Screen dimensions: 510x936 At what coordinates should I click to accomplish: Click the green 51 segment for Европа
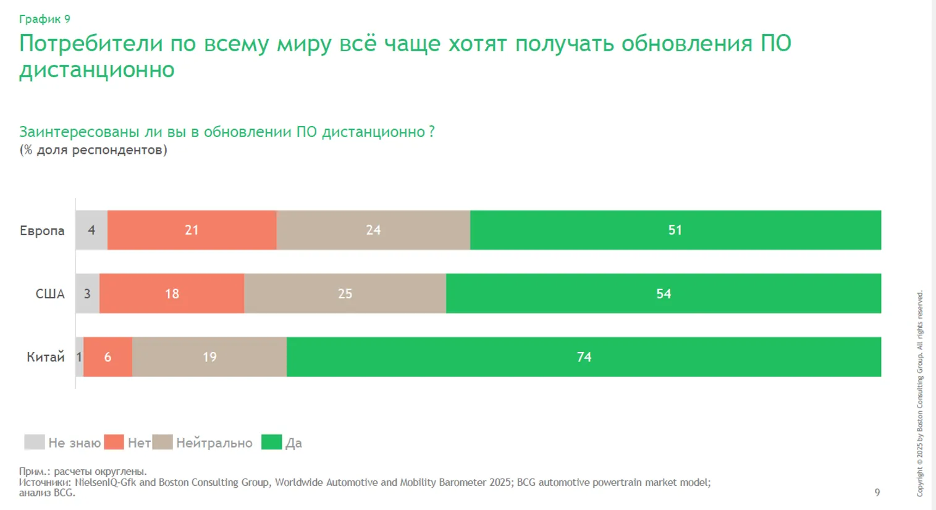click(x=675, y=230)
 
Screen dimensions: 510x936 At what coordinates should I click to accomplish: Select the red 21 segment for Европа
click(x=192, y=230)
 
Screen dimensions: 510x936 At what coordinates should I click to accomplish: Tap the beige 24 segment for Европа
click(x=373, y=230)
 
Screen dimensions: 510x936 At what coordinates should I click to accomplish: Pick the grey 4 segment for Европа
click(x=91, y=230)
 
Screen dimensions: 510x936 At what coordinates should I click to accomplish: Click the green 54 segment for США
click(x=664, y=294)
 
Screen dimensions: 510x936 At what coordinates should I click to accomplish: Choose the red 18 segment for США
click(x=172, y=294)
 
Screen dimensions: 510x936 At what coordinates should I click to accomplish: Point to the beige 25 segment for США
click(x=345, y=294)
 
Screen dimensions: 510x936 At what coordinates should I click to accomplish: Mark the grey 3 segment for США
click(x=88, y=294)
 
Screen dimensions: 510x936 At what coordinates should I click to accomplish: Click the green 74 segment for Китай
click(x=584, y=357)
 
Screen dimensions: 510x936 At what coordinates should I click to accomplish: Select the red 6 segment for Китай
click(x=108, y=357)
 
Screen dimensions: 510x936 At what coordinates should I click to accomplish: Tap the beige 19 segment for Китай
click(x=209, y=357)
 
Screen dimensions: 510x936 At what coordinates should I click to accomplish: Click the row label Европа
click(x=42, y=231)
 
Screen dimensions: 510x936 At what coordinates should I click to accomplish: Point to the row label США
click(x=50, y=294)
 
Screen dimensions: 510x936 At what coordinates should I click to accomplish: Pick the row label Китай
click(x=45, y=357)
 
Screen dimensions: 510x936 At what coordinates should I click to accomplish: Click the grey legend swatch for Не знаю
click(x=35, y=442)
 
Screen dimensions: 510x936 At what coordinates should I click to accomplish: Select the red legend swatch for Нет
click(x=114, y=442)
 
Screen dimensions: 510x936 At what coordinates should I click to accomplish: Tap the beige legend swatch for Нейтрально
click(x=162, y=442)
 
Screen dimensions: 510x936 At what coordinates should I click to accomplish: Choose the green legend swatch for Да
click(x=272, y=442)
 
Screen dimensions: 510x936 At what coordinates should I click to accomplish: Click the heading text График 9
click(x=44, y=19)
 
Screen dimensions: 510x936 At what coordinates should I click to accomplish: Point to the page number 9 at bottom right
click(x=877, y=492)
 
